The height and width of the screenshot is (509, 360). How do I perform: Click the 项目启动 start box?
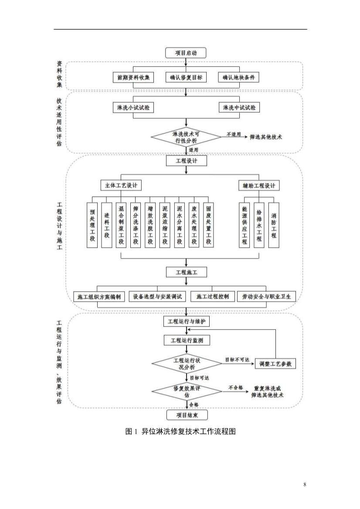coord(186,53)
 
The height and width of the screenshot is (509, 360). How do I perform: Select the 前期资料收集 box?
coord(133,78)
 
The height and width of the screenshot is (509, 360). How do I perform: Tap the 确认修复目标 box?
coord(186,78)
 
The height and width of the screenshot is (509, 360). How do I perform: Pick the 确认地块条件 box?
coord(238,78)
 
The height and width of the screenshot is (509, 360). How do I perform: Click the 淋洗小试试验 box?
coord(133,108)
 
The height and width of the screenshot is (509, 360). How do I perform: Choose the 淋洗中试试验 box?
coord(239,108)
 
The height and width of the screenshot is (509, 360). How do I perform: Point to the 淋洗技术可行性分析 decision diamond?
coord(186,137)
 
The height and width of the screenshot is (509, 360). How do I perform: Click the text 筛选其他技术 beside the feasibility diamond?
coord(266,137)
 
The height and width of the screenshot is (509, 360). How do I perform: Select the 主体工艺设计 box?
coord(121,185)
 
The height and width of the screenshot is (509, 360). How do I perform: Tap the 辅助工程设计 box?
coord(259,185)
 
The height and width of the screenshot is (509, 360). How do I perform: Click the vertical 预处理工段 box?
coord(92,225)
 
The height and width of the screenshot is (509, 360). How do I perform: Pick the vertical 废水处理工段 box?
coord(194,225)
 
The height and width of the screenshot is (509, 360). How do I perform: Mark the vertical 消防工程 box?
coord(274,225)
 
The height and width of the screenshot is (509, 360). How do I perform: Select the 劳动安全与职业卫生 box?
coord(266,297)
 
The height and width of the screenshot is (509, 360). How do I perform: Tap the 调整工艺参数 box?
coord(275,364)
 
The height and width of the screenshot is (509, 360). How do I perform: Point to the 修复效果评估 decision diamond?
coord(187,391)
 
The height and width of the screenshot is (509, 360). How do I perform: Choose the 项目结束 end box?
coord(187,415)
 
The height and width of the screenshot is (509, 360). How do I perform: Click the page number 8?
coord(305,484)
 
